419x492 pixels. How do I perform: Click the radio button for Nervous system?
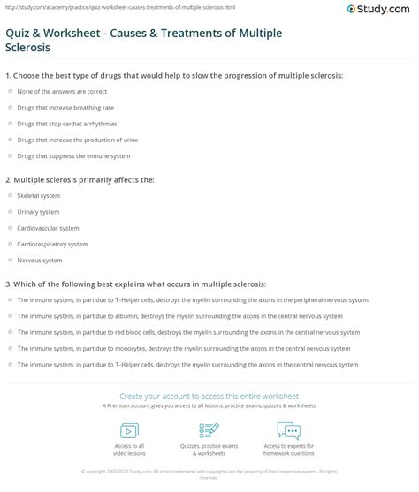tap(9, 260)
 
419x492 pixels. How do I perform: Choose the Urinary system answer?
tap(38, 212)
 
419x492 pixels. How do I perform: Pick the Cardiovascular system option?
tap(48, 228)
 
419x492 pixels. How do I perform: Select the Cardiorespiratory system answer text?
tap(52, 244)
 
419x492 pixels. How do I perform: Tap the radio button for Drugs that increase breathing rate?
tap(9, 108)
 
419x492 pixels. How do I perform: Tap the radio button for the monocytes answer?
tap(9, 348)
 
